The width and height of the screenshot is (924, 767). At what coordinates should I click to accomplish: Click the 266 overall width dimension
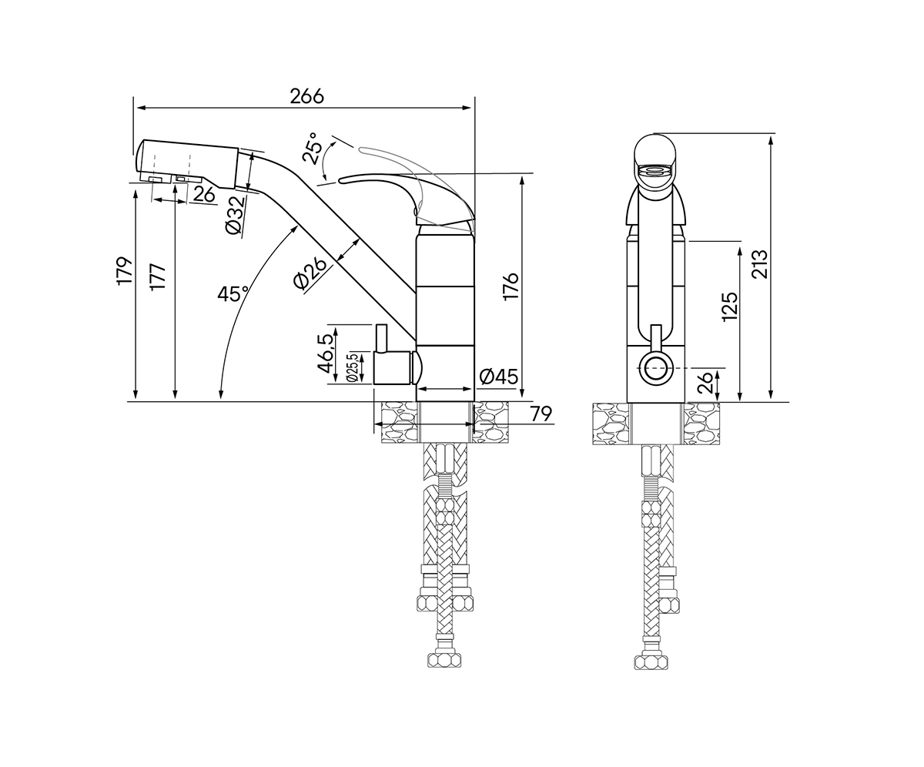307,96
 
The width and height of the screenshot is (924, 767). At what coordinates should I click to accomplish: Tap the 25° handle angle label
310,149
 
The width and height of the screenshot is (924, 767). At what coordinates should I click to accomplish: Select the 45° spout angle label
233,293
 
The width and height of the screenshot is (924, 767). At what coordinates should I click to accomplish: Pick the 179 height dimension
126,271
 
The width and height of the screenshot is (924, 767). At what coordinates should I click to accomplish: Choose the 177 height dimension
158,277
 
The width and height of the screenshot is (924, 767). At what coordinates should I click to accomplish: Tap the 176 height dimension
511,286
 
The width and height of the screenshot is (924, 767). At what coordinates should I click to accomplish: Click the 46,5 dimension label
325,353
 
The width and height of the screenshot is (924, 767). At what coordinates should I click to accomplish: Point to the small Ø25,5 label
351,368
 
